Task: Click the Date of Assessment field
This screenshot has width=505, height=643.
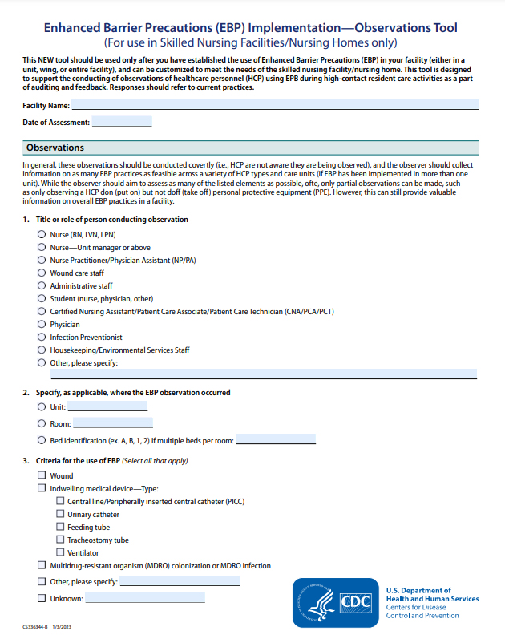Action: click(x=122, y=123)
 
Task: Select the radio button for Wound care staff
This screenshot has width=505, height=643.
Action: click(x=42, y=273)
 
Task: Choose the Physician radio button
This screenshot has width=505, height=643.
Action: click(x=42, y=325)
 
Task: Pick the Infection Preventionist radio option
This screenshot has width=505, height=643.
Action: click(x=42, y=338)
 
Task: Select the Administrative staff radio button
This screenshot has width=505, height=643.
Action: click(x=42, y=286)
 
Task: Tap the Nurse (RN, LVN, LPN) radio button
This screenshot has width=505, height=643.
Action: click(x=42, y=235)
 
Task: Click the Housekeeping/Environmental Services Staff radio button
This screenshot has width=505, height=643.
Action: click(x=42, y=350)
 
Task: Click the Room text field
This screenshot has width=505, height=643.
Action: click(x=112, y=423)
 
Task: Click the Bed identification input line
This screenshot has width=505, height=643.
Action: click(x=276, y=440)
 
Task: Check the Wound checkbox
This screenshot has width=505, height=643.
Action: click(x=42, y=476)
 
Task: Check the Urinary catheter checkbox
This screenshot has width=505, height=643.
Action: click(x=60, y=515)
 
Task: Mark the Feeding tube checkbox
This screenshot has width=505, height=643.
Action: click(x=60, y=528)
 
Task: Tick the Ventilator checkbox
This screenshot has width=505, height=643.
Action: click(x=60, y=553)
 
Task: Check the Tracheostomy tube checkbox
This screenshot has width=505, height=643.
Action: click(x=60, y=540)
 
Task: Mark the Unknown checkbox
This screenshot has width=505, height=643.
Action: click(x=42, y=598)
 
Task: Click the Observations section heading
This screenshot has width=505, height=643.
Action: click(x=55, y=148)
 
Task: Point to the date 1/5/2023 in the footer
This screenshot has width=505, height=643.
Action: click(x=62, y=628)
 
